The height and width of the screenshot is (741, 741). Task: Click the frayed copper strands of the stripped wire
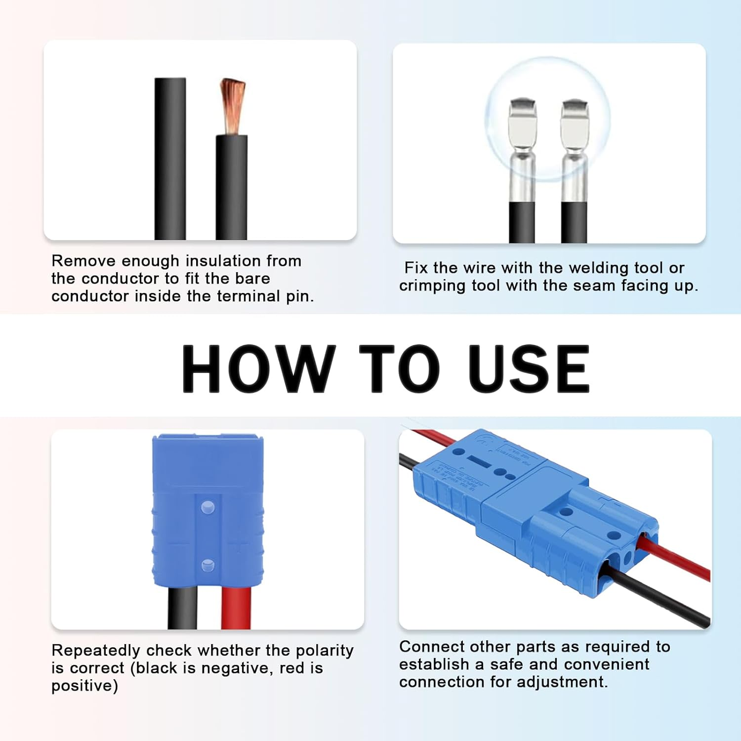233,104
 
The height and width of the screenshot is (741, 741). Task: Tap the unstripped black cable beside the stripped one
170,158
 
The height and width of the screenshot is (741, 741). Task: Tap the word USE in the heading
528,369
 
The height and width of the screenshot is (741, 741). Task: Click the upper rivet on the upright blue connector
208,507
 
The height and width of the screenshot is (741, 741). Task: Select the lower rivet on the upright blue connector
208,565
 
